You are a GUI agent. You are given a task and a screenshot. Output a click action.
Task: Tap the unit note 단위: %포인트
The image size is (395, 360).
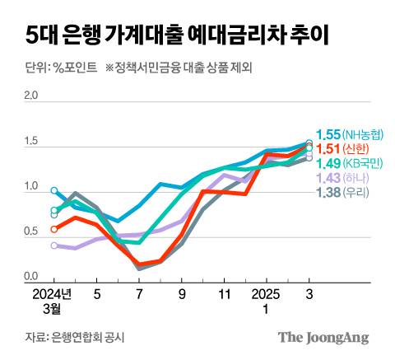[55, 67]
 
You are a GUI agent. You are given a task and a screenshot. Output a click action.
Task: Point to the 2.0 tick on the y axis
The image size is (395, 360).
[32, 96]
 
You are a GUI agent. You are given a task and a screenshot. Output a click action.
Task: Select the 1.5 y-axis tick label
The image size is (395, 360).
[32, 142]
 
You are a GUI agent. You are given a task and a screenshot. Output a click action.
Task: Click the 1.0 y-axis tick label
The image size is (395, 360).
[32, 187]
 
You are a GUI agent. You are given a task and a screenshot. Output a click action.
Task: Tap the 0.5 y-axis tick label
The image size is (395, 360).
[32, 232]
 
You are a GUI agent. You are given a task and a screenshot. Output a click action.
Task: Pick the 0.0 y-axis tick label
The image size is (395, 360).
[32, 278]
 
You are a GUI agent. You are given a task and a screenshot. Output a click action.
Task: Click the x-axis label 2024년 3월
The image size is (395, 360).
[53, 302]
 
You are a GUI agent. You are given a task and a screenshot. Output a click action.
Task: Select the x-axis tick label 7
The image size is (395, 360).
[138, 294]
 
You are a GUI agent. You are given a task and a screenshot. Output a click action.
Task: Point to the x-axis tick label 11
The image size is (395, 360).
[223, 294]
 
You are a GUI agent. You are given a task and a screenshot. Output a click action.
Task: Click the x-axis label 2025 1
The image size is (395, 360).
[265, 302]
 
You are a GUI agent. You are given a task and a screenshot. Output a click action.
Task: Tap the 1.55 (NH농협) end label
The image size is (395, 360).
[350, 133]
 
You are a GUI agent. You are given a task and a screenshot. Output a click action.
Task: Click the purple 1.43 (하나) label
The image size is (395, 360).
[342, 178]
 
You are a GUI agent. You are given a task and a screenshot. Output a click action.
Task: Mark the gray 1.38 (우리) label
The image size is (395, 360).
[342, 193]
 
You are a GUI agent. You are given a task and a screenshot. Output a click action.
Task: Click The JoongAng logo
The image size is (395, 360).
[323, 337]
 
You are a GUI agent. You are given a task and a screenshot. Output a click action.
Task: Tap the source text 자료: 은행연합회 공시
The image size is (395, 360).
[73, 337]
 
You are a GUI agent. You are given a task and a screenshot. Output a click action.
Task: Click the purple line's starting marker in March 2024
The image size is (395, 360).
[54, 245]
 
